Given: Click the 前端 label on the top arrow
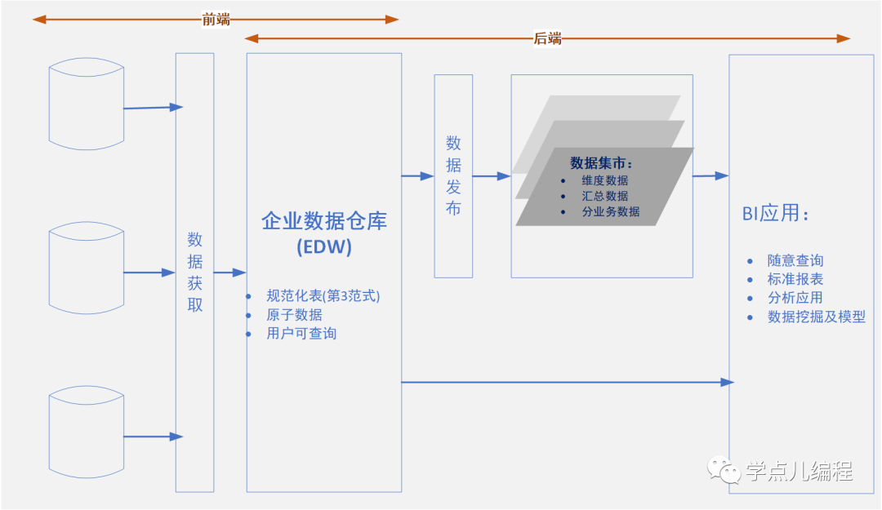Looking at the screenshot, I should click(x=216, y=20).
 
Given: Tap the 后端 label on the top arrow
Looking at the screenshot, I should click(x=547, y=38).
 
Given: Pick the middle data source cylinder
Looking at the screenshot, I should click(x=87, y=268).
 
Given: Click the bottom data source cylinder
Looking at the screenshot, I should click(x=87, y=435).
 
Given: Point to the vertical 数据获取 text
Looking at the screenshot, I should click(x=195, y=273).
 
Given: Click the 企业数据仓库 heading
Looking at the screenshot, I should click(x=324, y=221).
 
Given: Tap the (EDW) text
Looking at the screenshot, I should click(x=324, y=248).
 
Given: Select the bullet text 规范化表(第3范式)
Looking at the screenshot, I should click(x=323, y=296).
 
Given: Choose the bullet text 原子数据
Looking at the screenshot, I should click(x=294, y=315).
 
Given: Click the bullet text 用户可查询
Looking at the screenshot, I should click(x=301, y=333).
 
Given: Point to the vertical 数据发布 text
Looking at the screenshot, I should click(x=453, y=175).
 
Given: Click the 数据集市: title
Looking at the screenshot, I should click(x=601, y=162).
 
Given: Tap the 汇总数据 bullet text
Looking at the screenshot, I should click(x=605, y=196).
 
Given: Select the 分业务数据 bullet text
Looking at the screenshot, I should click(x=611, y=212).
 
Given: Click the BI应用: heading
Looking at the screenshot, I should click(x=775, y=215).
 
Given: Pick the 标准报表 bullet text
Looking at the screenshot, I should click(x=795, y=279).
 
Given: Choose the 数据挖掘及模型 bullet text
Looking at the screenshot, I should click(x=816, y=317).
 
